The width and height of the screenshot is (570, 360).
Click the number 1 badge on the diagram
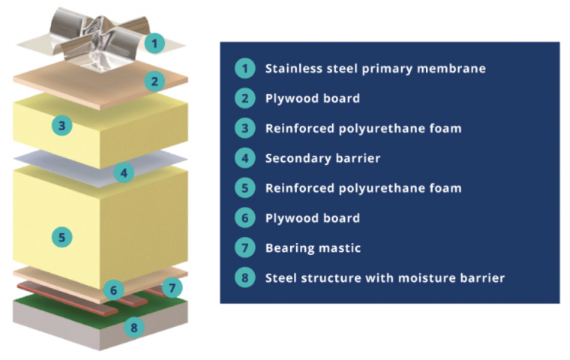click(x=153, y=43)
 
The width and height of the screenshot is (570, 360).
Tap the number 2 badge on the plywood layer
click(x=154, y=81)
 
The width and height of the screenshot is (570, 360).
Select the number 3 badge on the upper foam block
click(x=62, y=125)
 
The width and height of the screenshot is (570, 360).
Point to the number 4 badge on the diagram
click(x=124, y=173)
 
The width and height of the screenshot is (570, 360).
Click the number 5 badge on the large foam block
click(x=62, y=237)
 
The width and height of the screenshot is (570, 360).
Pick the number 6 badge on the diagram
click(x=113, y=289)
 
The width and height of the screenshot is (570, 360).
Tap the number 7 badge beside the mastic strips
click(x=172, y=287)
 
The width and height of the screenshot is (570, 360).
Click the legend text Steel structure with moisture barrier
click(x=385, y=277)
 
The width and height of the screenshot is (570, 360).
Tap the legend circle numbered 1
click(x=244, y=68)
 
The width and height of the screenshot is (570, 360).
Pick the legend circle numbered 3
click(x=244, y=128)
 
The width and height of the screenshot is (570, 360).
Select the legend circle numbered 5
click(x=244, y=188)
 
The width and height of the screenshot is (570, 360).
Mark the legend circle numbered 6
click(x=244, y=218)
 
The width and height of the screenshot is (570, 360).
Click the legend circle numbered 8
click(x=244, y=277)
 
